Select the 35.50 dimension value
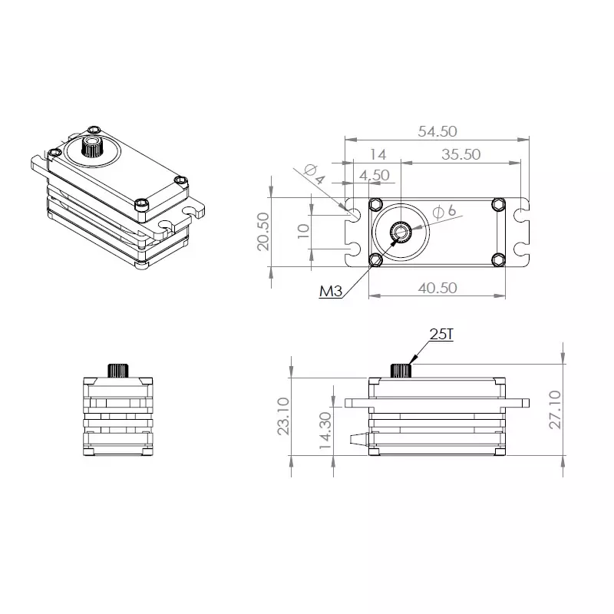(460, 154)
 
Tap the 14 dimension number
(378, 154)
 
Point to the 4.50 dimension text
(375, 175)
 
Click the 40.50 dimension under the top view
(437, 287)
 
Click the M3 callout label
(330, 291)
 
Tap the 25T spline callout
(442, 334)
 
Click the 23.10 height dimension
(282, 416)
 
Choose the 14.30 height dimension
(324, 430)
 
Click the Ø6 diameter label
(445, 211)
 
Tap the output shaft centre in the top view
(401, 231)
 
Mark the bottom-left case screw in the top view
(376, 260)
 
